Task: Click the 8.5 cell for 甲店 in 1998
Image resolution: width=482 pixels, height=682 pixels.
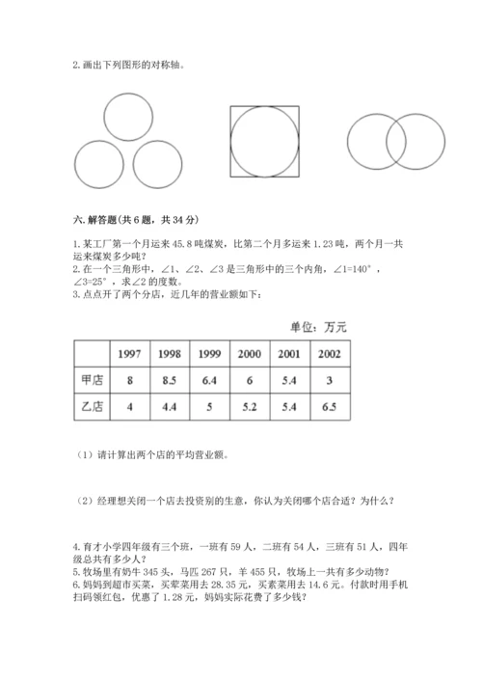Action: click(x=169, y=380)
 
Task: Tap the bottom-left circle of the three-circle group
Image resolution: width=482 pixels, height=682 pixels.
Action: click(x=101, y=165)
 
